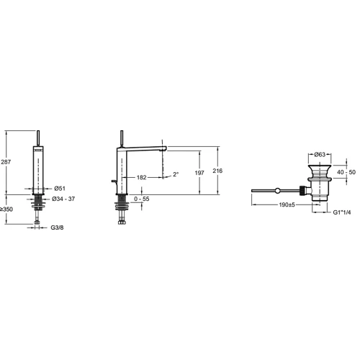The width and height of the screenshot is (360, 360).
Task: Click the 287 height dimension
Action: (6, 162)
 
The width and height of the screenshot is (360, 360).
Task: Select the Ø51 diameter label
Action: (60, 189)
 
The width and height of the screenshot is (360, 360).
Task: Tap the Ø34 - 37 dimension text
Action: (63, 199)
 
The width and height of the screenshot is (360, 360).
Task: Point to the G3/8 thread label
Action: (57, 228)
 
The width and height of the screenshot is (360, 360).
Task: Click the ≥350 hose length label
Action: (6, 210)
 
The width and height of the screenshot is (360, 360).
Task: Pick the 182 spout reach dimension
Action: (142, 177)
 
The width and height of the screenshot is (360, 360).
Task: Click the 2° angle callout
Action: (176, 174)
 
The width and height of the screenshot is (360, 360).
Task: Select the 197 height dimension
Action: (199, 173)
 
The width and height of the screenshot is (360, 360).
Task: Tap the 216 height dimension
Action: (217, 171)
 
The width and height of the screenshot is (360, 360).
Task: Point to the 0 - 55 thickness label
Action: (142, 199)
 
